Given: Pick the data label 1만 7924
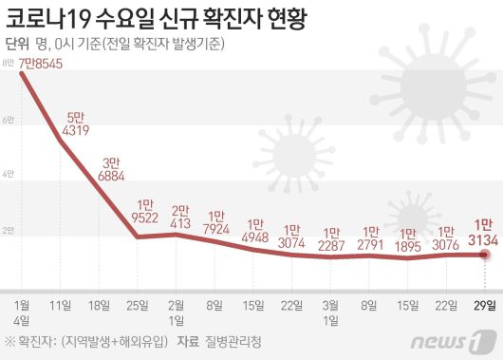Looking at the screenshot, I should (217, 222).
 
